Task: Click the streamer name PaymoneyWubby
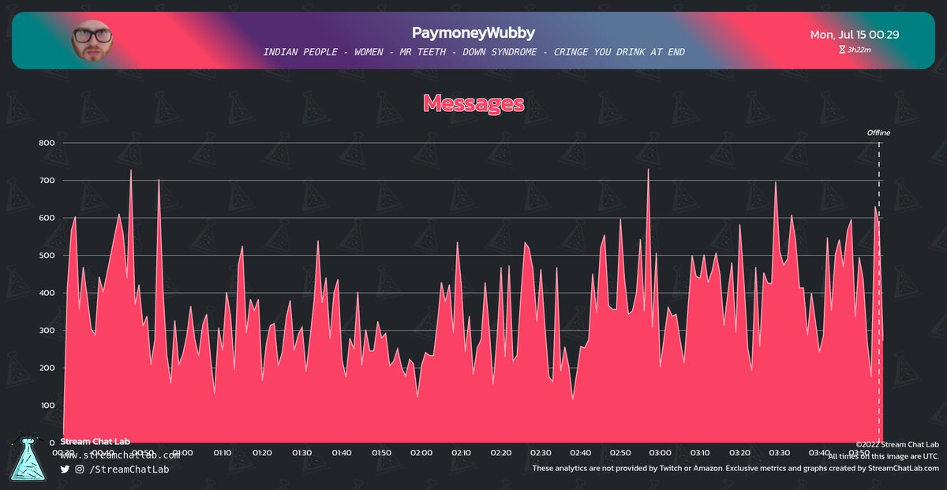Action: click(473, 33)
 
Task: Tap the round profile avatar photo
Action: click(92, 40)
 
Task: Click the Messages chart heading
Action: click(473, 103)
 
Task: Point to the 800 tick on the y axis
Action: click(47, 143)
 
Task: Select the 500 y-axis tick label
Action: click(47, 256)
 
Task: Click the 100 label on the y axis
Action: click(47, 406)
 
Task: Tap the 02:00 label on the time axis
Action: click(421, 453)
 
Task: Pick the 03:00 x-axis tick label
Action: click(660, 453)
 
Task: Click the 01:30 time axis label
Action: click(302, 453)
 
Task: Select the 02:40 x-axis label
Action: click(580, 453)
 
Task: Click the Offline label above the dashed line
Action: click(878, 133)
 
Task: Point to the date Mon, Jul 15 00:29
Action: click(855, 35)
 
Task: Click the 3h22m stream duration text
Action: click(859, 50)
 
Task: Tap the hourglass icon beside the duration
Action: click(841, 50)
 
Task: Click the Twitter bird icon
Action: click(65, 469)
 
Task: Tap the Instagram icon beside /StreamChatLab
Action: click(80, 469)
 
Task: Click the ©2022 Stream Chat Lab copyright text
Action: click(896, 444)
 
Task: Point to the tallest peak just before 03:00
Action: click(648, 170)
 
